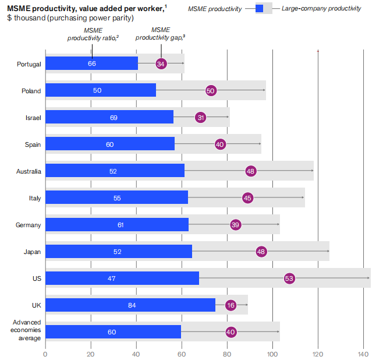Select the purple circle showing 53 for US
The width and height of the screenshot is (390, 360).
(289, 278)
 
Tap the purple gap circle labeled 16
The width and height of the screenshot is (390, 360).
(231, 305)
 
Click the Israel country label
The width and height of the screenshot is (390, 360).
(33, 118)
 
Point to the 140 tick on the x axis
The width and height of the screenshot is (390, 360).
(363, 352)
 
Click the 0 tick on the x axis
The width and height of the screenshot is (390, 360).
(45, 352)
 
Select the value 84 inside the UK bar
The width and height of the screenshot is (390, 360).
(132, 305)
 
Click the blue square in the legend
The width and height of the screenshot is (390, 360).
(260, 8)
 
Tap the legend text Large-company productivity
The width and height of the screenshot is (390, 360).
(321, 8)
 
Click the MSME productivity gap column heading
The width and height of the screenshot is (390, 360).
(161, 34)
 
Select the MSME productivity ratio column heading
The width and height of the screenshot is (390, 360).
(93, 34)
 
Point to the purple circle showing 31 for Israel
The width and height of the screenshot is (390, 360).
(201, 118)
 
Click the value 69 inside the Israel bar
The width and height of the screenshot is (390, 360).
(114, 118)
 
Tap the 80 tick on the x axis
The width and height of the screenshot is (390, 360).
(227, 352)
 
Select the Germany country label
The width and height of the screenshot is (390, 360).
(29, 225)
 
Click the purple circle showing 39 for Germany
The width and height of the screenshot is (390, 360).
(235, 225)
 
